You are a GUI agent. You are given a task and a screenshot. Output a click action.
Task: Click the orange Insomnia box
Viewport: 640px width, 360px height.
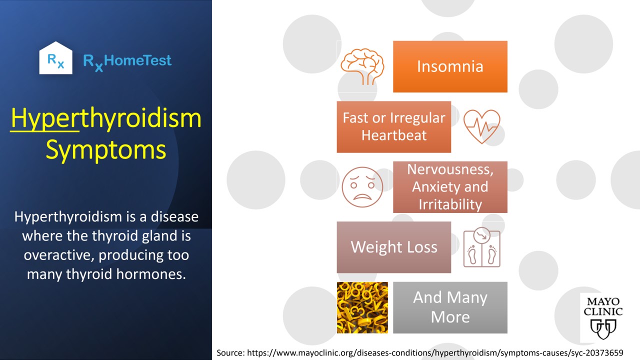[x=450, y=66]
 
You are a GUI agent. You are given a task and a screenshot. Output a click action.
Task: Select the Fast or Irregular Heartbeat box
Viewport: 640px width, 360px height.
[x=394, y=127]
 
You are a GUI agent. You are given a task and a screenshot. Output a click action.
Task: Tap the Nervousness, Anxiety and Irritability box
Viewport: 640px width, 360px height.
[x=450, y=187]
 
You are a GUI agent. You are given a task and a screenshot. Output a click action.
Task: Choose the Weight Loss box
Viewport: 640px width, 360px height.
[x=394, y=247]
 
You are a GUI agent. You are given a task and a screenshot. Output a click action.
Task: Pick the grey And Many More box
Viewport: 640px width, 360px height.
[x=450, y=307]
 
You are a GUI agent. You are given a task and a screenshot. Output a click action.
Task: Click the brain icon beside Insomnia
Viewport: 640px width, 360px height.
[x=362, y=66]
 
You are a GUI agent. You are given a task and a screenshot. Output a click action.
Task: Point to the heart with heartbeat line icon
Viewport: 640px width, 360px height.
[x=481, y=126]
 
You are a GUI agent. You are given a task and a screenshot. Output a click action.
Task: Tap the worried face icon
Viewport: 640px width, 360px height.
[x=362, y=187]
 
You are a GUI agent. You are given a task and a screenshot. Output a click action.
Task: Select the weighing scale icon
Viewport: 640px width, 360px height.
[x=481, y=247]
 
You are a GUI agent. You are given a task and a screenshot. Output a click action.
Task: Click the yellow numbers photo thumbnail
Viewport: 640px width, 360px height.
[x=362, y=307]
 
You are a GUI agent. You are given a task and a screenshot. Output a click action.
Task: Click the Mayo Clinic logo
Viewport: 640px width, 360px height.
[x=603, y=317]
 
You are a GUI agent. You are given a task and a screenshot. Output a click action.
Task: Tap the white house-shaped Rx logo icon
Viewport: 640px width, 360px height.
[x=55, y=58]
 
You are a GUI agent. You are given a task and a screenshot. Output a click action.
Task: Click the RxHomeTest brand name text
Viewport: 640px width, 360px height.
[x=127, y=62]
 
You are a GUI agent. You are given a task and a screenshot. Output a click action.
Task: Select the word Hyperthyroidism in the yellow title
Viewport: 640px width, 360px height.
[x=106, y=118]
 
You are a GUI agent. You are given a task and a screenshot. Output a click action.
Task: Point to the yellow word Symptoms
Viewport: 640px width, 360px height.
[x=106, y=150]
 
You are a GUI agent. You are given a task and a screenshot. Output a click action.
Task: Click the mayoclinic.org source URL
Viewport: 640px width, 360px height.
[x=435, y=353]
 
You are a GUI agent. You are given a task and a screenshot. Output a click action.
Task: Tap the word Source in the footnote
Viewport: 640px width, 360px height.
[x=230, y=353]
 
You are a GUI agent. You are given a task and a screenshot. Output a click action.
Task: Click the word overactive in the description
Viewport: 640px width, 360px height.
[x=59, y=255]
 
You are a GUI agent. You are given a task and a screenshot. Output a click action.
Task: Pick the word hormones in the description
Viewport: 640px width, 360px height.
[x=151, y=274]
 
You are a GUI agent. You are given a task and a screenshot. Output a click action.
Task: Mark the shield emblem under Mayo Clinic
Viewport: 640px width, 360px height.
[x=603, y=329]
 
